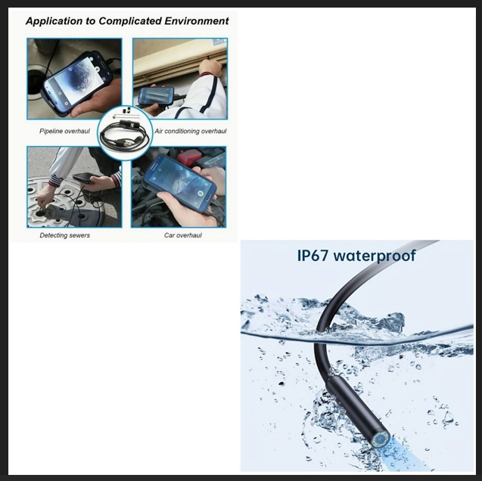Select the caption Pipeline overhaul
tap(64, 131)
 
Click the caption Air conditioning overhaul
tap(191, 131)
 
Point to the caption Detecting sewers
tap(65, 235)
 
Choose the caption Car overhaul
tap(183, 235)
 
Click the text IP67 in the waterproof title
tap(313, 256)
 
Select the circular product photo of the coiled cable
tap(125, 132)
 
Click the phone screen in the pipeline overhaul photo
tap(75, 79)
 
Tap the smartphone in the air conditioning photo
tap(156, 95)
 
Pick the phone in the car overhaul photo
tap(180, 183)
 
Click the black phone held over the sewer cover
tap(87, 178)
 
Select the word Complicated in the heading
tap(130, 21)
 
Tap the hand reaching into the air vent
tap(211, 67)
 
